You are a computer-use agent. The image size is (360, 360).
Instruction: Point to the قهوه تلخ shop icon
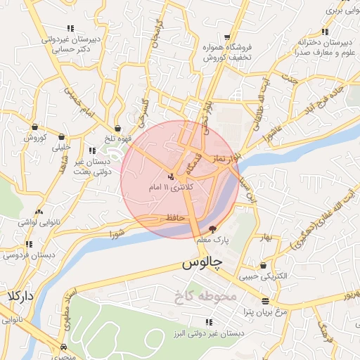[x=117, y=129]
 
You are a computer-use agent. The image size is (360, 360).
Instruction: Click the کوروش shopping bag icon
[x=34, y=127]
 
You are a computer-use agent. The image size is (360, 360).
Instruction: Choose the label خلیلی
[x=61, y=148]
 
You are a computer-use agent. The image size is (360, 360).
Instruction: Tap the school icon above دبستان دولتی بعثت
[x=93, y=150]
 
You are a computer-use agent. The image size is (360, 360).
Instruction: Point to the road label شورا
[x=117, y=232]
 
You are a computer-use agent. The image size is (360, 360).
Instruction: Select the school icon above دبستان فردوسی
[x=29, y=245]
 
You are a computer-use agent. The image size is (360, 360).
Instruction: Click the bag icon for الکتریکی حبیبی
[x=264, y=266]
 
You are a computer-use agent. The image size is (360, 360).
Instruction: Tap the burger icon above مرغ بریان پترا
[x=265, y=300]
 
